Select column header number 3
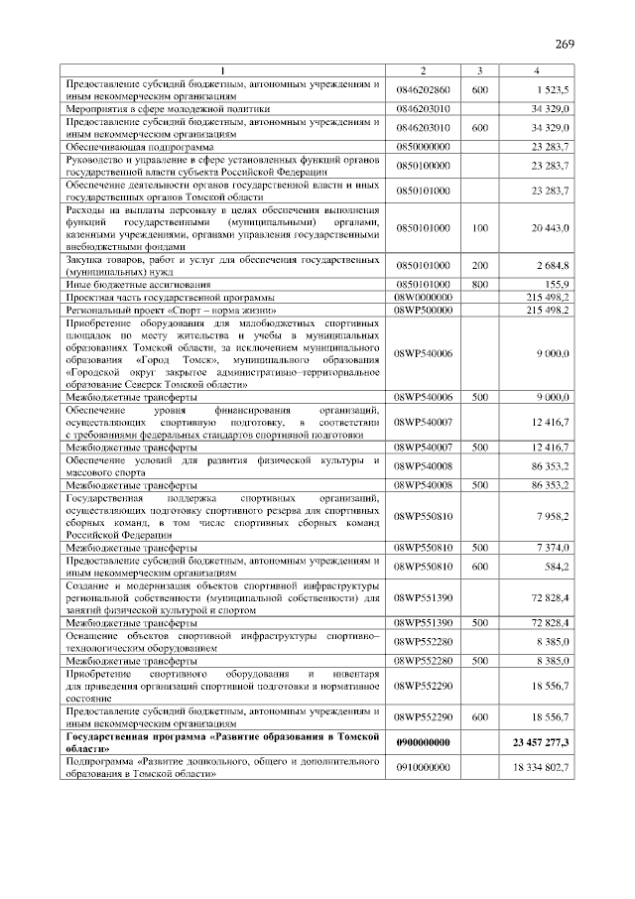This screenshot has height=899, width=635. [479, 70]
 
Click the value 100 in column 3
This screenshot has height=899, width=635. [479, 228]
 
